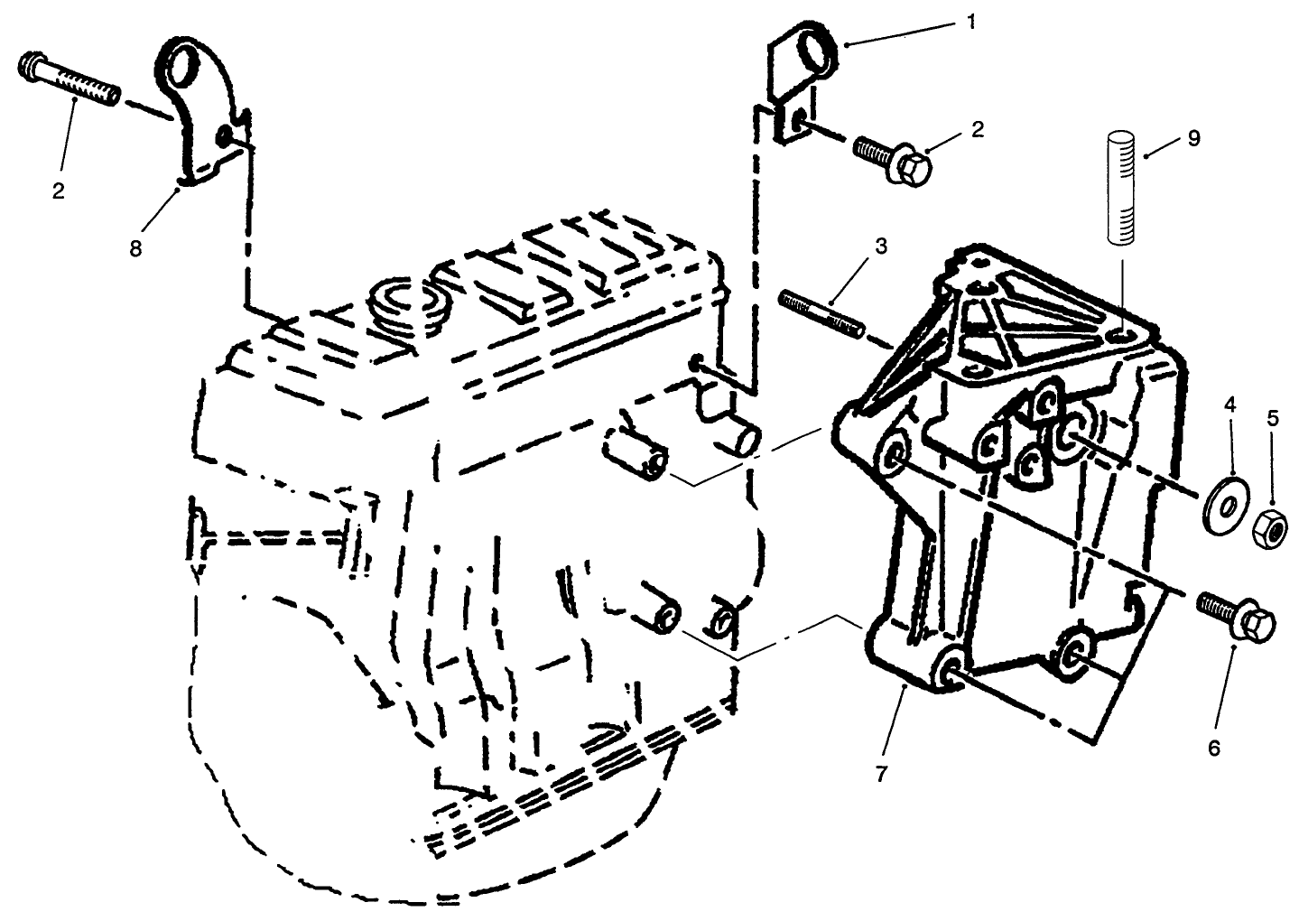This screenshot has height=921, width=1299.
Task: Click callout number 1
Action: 971,22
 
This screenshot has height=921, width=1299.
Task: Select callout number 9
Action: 1193,138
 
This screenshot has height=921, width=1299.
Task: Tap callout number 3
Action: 880,246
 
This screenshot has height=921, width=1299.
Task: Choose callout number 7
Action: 880,773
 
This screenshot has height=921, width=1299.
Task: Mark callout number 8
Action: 135,248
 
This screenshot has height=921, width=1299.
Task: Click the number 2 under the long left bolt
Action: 59,191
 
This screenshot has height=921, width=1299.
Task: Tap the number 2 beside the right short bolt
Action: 977,129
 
